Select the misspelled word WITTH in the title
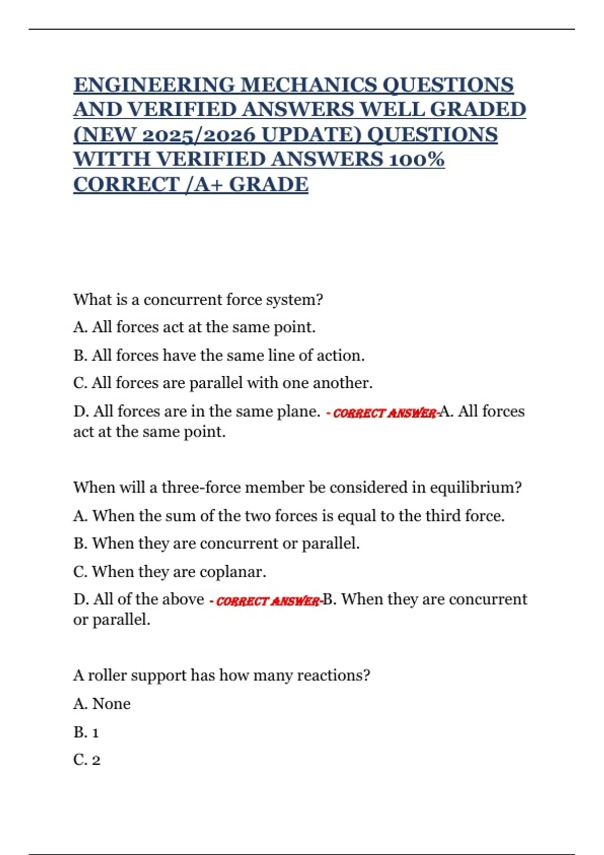tap(112, 159)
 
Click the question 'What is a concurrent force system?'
tap(198, 300)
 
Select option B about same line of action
tap(219, 356)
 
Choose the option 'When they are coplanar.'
tap(170, 572)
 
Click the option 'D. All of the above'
tap(138, 600)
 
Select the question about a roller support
tap(221, 675)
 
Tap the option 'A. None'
tap(102, 704)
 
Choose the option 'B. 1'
tap(86, 732)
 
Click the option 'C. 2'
tap(87, 760)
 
